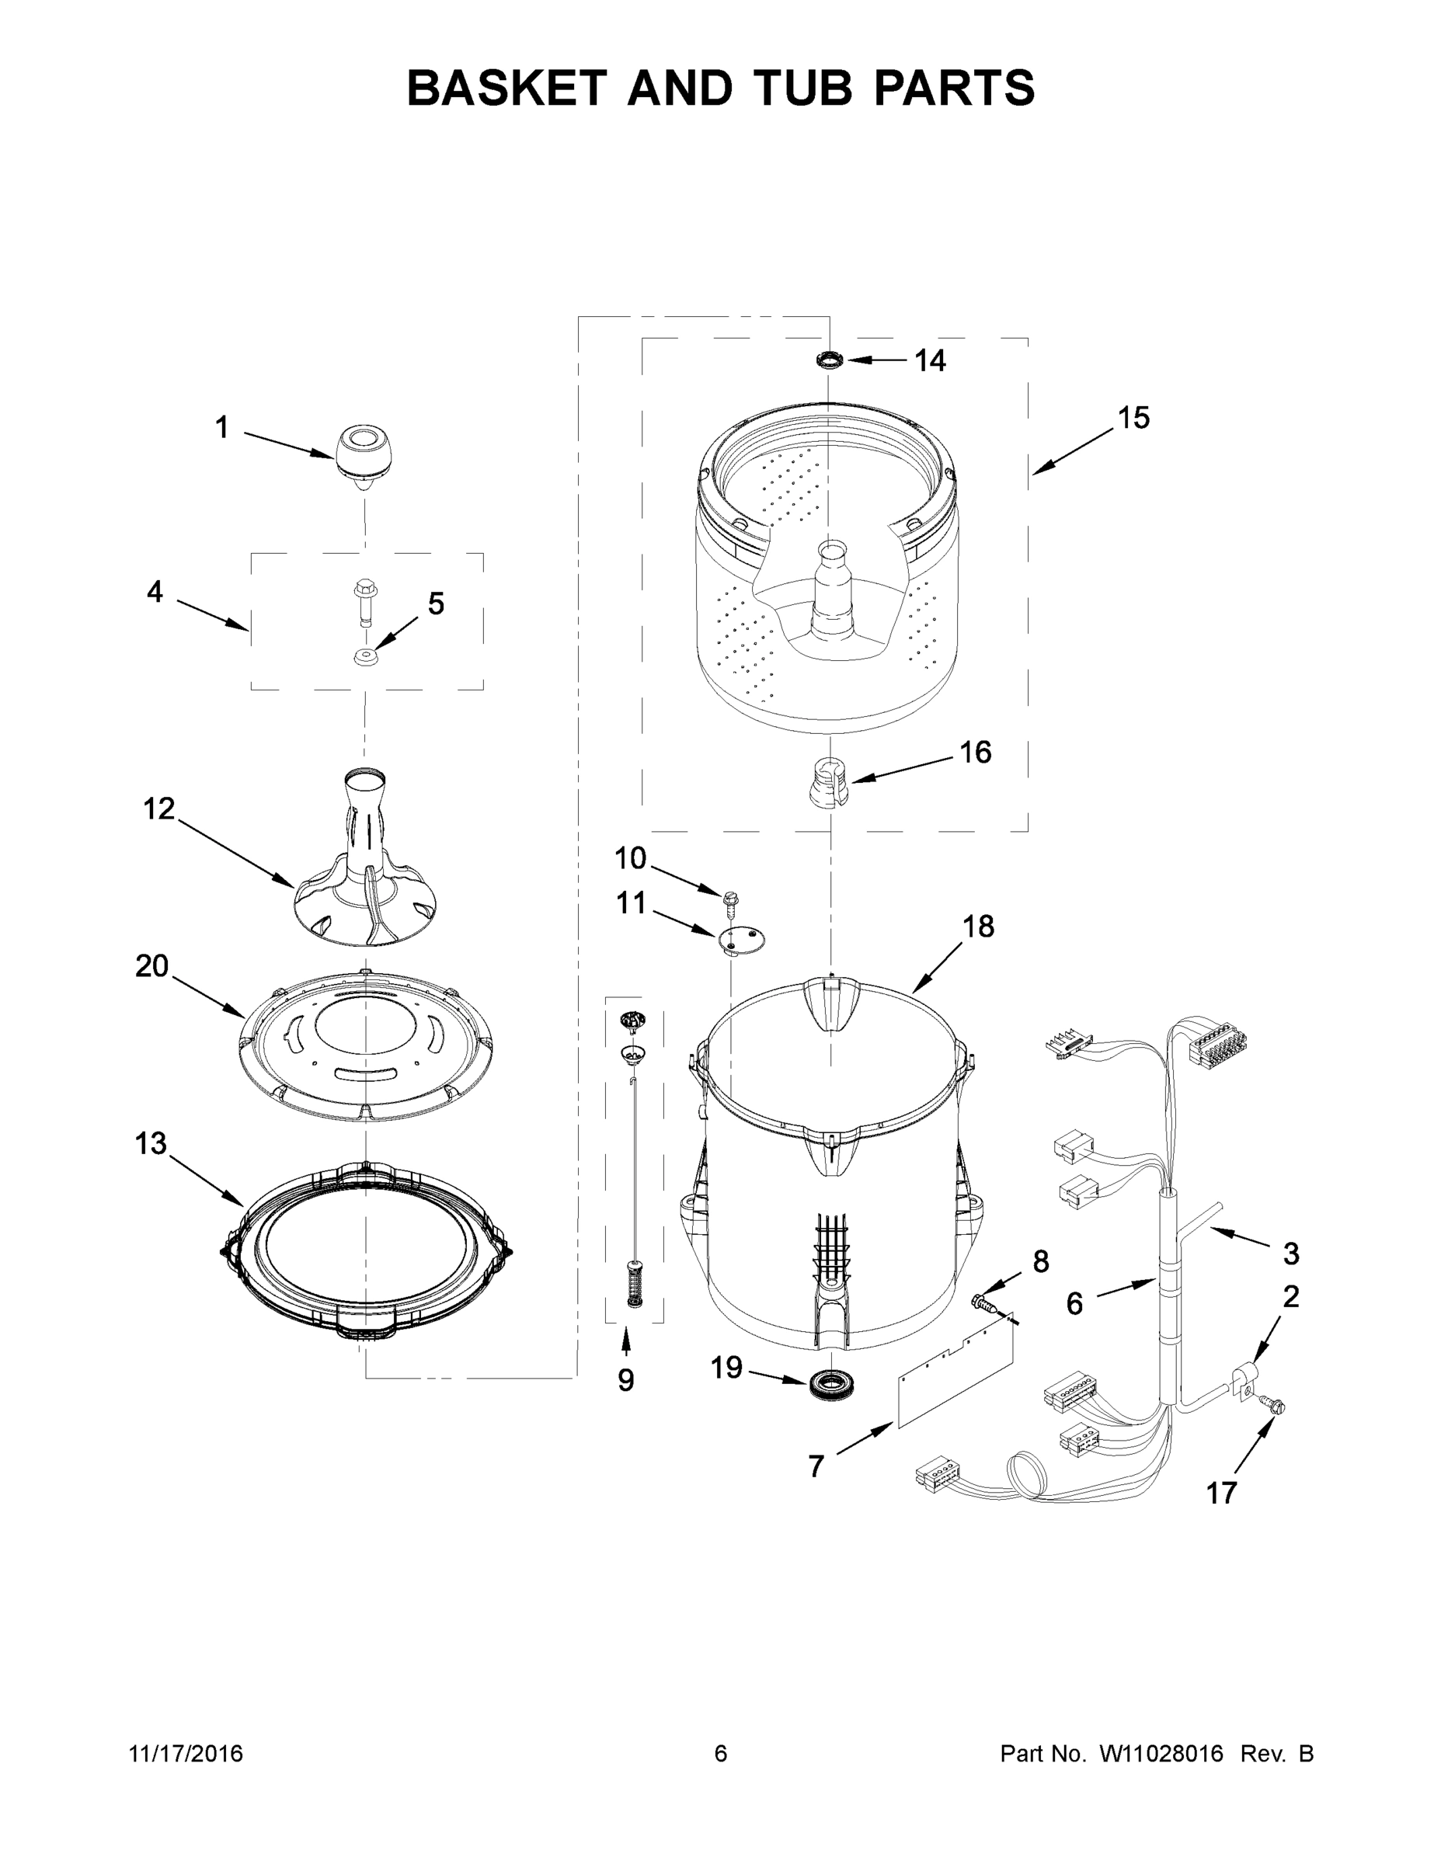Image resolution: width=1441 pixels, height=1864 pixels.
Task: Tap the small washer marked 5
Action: coord(366,657)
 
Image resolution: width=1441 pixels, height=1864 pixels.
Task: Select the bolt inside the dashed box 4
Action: coord(361,601)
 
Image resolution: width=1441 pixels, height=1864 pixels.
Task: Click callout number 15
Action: coord(1133,417)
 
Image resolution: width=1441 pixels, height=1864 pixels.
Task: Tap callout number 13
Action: coord(150,1142)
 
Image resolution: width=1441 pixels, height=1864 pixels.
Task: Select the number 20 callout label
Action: coord(152,966)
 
